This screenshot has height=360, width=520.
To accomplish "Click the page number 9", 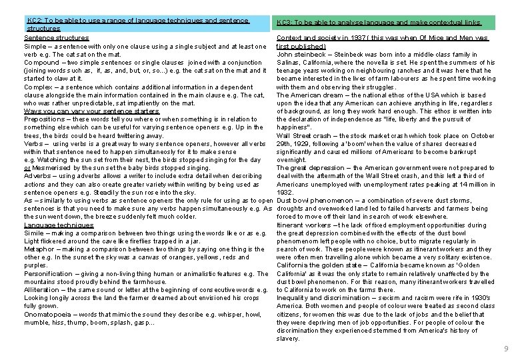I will (x=507, y=349).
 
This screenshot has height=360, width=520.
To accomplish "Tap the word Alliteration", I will (x=42, y=289).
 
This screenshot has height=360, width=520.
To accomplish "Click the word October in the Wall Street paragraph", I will (x=481, y=135).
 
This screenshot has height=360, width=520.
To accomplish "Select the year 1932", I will (x=285, y=192).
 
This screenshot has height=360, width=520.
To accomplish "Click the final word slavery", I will (x=288, y=338).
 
